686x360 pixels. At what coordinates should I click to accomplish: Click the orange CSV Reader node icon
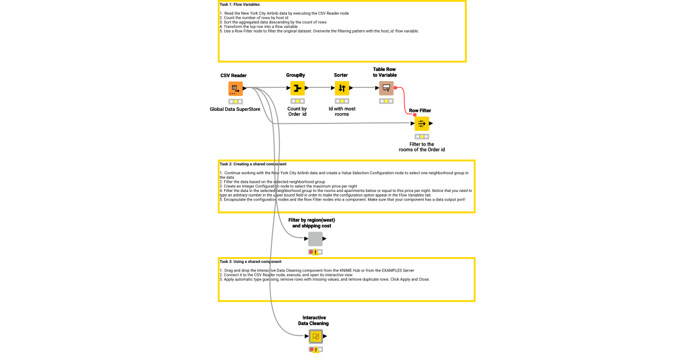coord(235,89)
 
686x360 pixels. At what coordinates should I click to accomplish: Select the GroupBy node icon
coord(297,89)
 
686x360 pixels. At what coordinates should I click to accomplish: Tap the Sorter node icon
coord(341,89)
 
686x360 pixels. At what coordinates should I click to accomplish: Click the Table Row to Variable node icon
coord(386,88)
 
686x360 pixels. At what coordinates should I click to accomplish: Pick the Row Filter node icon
coord(422,123)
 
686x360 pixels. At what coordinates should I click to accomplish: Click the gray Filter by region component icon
coord(316,239)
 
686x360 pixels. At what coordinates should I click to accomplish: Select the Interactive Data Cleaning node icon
coord(316,337)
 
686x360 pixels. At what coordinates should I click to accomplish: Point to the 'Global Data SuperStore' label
coord(235,109)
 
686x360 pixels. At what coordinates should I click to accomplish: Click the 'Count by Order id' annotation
coord(297,111)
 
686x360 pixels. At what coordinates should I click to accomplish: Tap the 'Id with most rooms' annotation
coord(342,111)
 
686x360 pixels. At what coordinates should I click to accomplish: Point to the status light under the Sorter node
coord(341,101)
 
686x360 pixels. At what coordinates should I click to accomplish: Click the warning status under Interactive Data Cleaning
coord(316,349)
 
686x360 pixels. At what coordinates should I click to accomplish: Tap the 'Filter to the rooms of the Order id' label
coord(422,147)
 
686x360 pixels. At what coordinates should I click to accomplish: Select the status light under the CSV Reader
coord(235,101)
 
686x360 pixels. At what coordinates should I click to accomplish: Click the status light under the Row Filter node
coord(422,137)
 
